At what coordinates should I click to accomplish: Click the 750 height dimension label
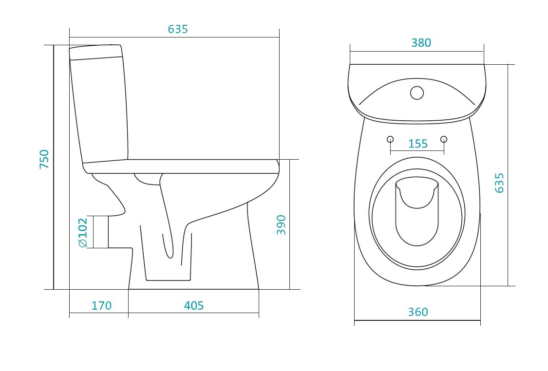44,159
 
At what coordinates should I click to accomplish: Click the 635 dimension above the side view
178,29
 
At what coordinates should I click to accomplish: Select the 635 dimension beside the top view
499,183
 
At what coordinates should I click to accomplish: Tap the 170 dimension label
101,306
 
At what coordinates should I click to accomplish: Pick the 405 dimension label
193,306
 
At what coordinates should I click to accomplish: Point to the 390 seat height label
281,225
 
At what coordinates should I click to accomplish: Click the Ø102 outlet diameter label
83,233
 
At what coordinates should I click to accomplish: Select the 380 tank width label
421,43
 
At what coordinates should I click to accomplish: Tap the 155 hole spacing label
417,144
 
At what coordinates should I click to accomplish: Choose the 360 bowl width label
417,312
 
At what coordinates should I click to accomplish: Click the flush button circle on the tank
417,93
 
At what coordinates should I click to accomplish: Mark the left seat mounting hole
390,139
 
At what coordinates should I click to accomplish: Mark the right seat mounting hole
444,139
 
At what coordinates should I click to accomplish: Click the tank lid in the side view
96,53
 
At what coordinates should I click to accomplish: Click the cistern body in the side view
99,111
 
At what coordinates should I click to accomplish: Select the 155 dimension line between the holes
417,151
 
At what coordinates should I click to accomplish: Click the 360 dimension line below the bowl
417,320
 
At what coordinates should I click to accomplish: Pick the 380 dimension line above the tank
416,51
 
